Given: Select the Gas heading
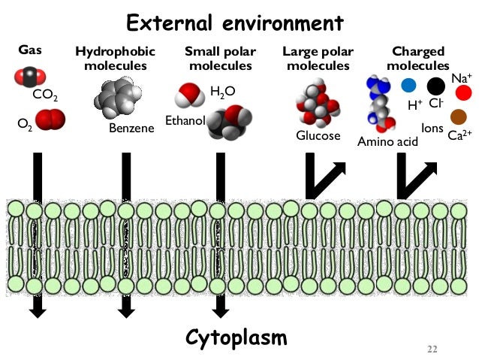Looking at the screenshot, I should click(x=29, y=52).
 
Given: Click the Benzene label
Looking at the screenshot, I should click(x=131, y=128).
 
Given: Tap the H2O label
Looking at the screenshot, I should click(x=222, y=92).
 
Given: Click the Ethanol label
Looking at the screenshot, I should click(x=185, y=121).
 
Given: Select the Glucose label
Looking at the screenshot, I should click(x=318, y=135).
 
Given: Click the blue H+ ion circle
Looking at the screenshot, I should click(x=408, y=85).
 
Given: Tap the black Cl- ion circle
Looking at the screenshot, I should click(x=436, y=86).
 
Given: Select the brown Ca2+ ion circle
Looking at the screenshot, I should click(x=458, y=116).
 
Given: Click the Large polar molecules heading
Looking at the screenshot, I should click(x=316, y=59).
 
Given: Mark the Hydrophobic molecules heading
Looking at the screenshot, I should click(x=116, y=59).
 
